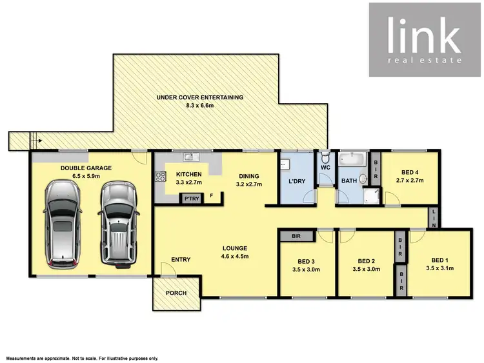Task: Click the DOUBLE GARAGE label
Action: click(86, 168)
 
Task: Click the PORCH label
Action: click(176, 293)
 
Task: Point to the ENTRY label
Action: click(181, 260)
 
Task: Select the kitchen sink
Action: click(190, 156)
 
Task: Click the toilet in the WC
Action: click(325, 159)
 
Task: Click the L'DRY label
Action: click(297, 181)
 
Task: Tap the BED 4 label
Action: click(410, 172)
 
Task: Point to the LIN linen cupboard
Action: click(434, 218)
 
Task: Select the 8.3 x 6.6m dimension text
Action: click(200, 106)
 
